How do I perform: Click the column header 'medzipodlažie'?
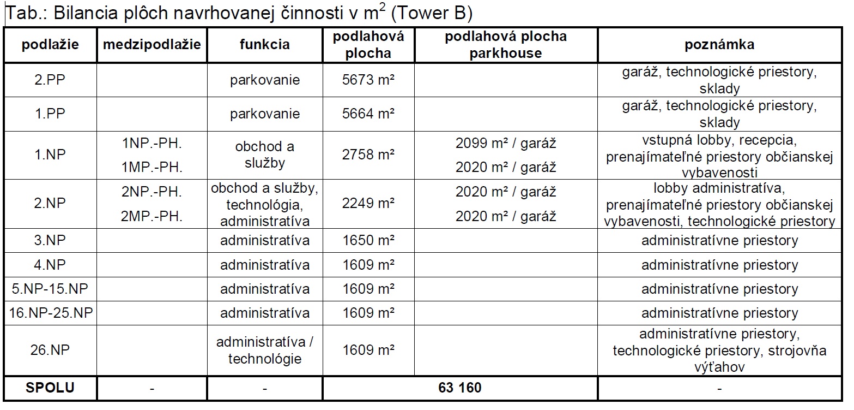tap(152, 45)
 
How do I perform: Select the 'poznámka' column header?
tap(719, 45)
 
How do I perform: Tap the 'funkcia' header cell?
tap(265, 45)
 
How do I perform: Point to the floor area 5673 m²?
tap(368, 80)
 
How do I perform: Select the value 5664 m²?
tap(368, 114)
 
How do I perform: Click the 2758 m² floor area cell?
tap(368, 155)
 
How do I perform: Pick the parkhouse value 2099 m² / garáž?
tap(506, 144)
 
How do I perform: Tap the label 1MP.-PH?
tap(152, 167)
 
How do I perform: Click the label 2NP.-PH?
tap(152, 192)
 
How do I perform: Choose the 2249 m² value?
tap(368, 203)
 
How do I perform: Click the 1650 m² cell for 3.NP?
tap(368, 240)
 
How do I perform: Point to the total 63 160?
tap(459, 388)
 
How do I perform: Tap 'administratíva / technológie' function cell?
tap(265, 350)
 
